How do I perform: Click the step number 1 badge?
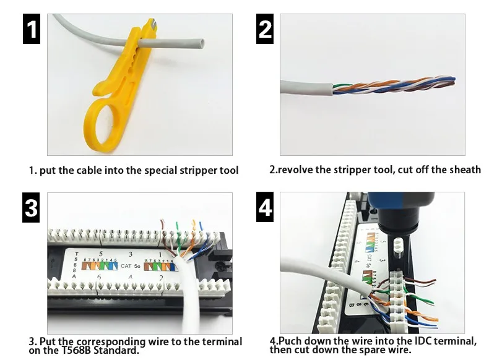(32, 28)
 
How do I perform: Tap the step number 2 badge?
(265, 28)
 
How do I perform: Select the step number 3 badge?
(32, 208)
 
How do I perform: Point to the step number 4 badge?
(265, 208)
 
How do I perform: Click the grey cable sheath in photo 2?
(303, 88)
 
